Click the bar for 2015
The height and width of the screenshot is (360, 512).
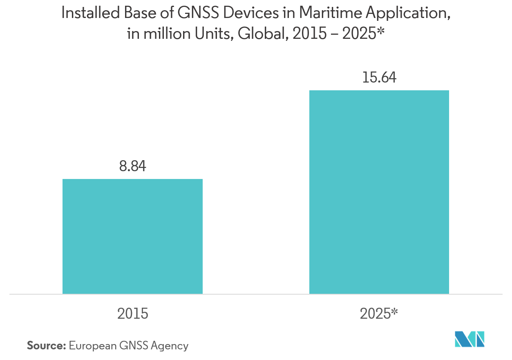tap(132, 236)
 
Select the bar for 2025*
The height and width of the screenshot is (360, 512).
tap(379, 192)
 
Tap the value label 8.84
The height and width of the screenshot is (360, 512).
tap(132, 167)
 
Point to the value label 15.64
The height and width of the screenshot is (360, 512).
tap(379, 78)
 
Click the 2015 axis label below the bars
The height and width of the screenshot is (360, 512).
tap(132, 314)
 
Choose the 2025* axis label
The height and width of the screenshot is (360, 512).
tap(379, 314)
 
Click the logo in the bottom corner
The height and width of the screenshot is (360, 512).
tap(470, 339)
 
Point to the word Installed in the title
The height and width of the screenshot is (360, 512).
tap(85, 13)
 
